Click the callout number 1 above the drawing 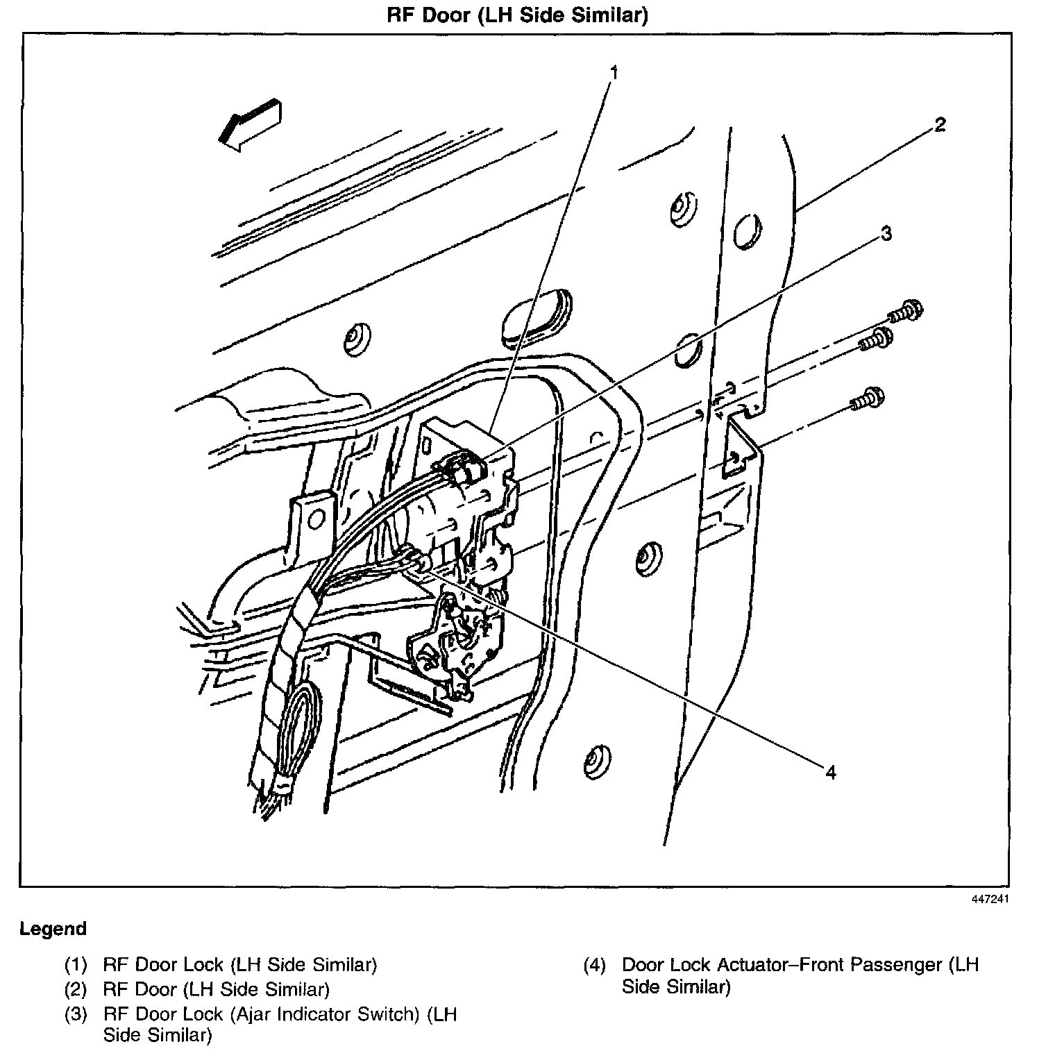pyautogui.click(x=614, y=72)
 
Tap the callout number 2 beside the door pyautogui.click(x=939, y=125)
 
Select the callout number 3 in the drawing pyautogui.click(x=886, y=234)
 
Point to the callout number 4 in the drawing pyautogui.click(x=831, y=772)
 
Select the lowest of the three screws pyautogui.click(x=868, y=400)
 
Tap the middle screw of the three pyautogui.click(x=876, y=340)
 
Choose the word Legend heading pyautogui.click(x=53, y=929)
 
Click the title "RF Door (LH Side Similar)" pyautogui.click(x=517, y=15)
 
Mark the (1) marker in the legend pyautogui.click(x=76, y=965)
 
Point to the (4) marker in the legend pyautogui.click(x=595, y=965)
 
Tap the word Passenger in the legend pyautogui.click(x=897, y=965)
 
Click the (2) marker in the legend pyautogui.click(x=76, y=989)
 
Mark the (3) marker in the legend pyautogui.click(x=76, y=1014)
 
